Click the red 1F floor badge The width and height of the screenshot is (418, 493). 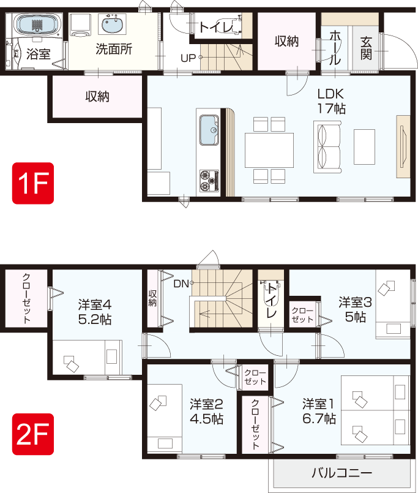pos(33,183)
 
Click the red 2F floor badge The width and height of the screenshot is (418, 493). pos(33,434)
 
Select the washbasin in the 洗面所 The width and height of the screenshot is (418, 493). pos(113,24)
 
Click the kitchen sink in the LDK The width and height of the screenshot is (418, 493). pos(209,130)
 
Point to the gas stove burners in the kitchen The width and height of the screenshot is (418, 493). pos(209,181)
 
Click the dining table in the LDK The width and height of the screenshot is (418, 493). pos(269,150)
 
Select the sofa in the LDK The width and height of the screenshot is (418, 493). pos(327,148)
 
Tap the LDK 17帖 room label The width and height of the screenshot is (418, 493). pos(331,101)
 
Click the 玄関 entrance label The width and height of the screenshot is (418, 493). pos(366,48)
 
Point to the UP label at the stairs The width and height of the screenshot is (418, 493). pos(188,58)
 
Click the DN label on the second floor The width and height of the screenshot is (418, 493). pos(181,284)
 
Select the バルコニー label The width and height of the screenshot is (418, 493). pos(342,473)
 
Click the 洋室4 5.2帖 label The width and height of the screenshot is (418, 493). pos(95,312)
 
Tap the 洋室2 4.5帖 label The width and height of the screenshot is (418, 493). pos(206,412)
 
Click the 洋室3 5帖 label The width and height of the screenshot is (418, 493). pos(355,309)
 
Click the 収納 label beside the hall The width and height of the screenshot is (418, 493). pos(286,41)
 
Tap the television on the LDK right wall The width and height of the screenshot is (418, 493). pos(403,146)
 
